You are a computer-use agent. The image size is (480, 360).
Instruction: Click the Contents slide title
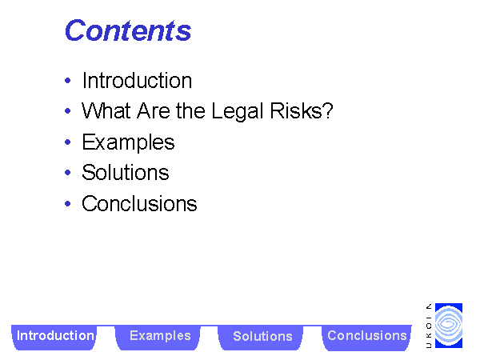click(x=128, y=30)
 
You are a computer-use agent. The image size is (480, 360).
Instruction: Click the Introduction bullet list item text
click(x=137, y=81)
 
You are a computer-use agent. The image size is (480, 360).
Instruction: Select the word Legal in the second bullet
click(x=238, y=110)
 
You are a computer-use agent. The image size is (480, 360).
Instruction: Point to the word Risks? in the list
click(x=302, y=110)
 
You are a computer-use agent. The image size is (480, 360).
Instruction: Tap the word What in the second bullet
click(x=106, y=110)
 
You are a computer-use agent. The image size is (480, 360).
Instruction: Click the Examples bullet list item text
click(x=128, y=142)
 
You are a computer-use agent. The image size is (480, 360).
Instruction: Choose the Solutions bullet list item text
click(x=126, y=172)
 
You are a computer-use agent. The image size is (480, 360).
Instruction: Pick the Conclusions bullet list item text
click(x=139, y=203)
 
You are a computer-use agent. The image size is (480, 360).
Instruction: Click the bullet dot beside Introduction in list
click(x=68, y=81)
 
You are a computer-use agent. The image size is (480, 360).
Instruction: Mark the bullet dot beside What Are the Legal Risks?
click(x=68, y=111)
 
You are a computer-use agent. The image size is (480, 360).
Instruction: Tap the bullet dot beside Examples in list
click(x=68, y=142)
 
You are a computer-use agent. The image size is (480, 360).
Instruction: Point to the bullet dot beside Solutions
click(x=68, y=172)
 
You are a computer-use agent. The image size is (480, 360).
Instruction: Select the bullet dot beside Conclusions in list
click(x=68, y=203)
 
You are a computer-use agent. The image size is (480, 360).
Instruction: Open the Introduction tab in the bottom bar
click(x=54, y=337)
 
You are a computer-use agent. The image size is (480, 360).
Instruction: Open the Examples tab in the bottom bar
click(x=158, y=337)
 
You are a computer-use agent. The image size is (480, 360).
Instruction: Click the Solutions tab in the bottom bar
click(x=261, y=337)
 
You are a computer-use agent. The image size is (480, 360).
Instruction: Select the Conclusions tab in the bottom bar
click(x=366, y=337)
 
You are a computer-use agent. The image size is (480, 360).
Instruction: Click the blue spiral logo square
click(x=449, y=326)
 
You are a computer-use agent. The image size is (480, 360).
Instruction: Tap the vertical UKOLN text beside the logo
click(x=429, y=326)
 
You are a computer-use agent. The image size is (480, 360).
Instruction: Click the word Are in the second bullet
click(x=153, y=110)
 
